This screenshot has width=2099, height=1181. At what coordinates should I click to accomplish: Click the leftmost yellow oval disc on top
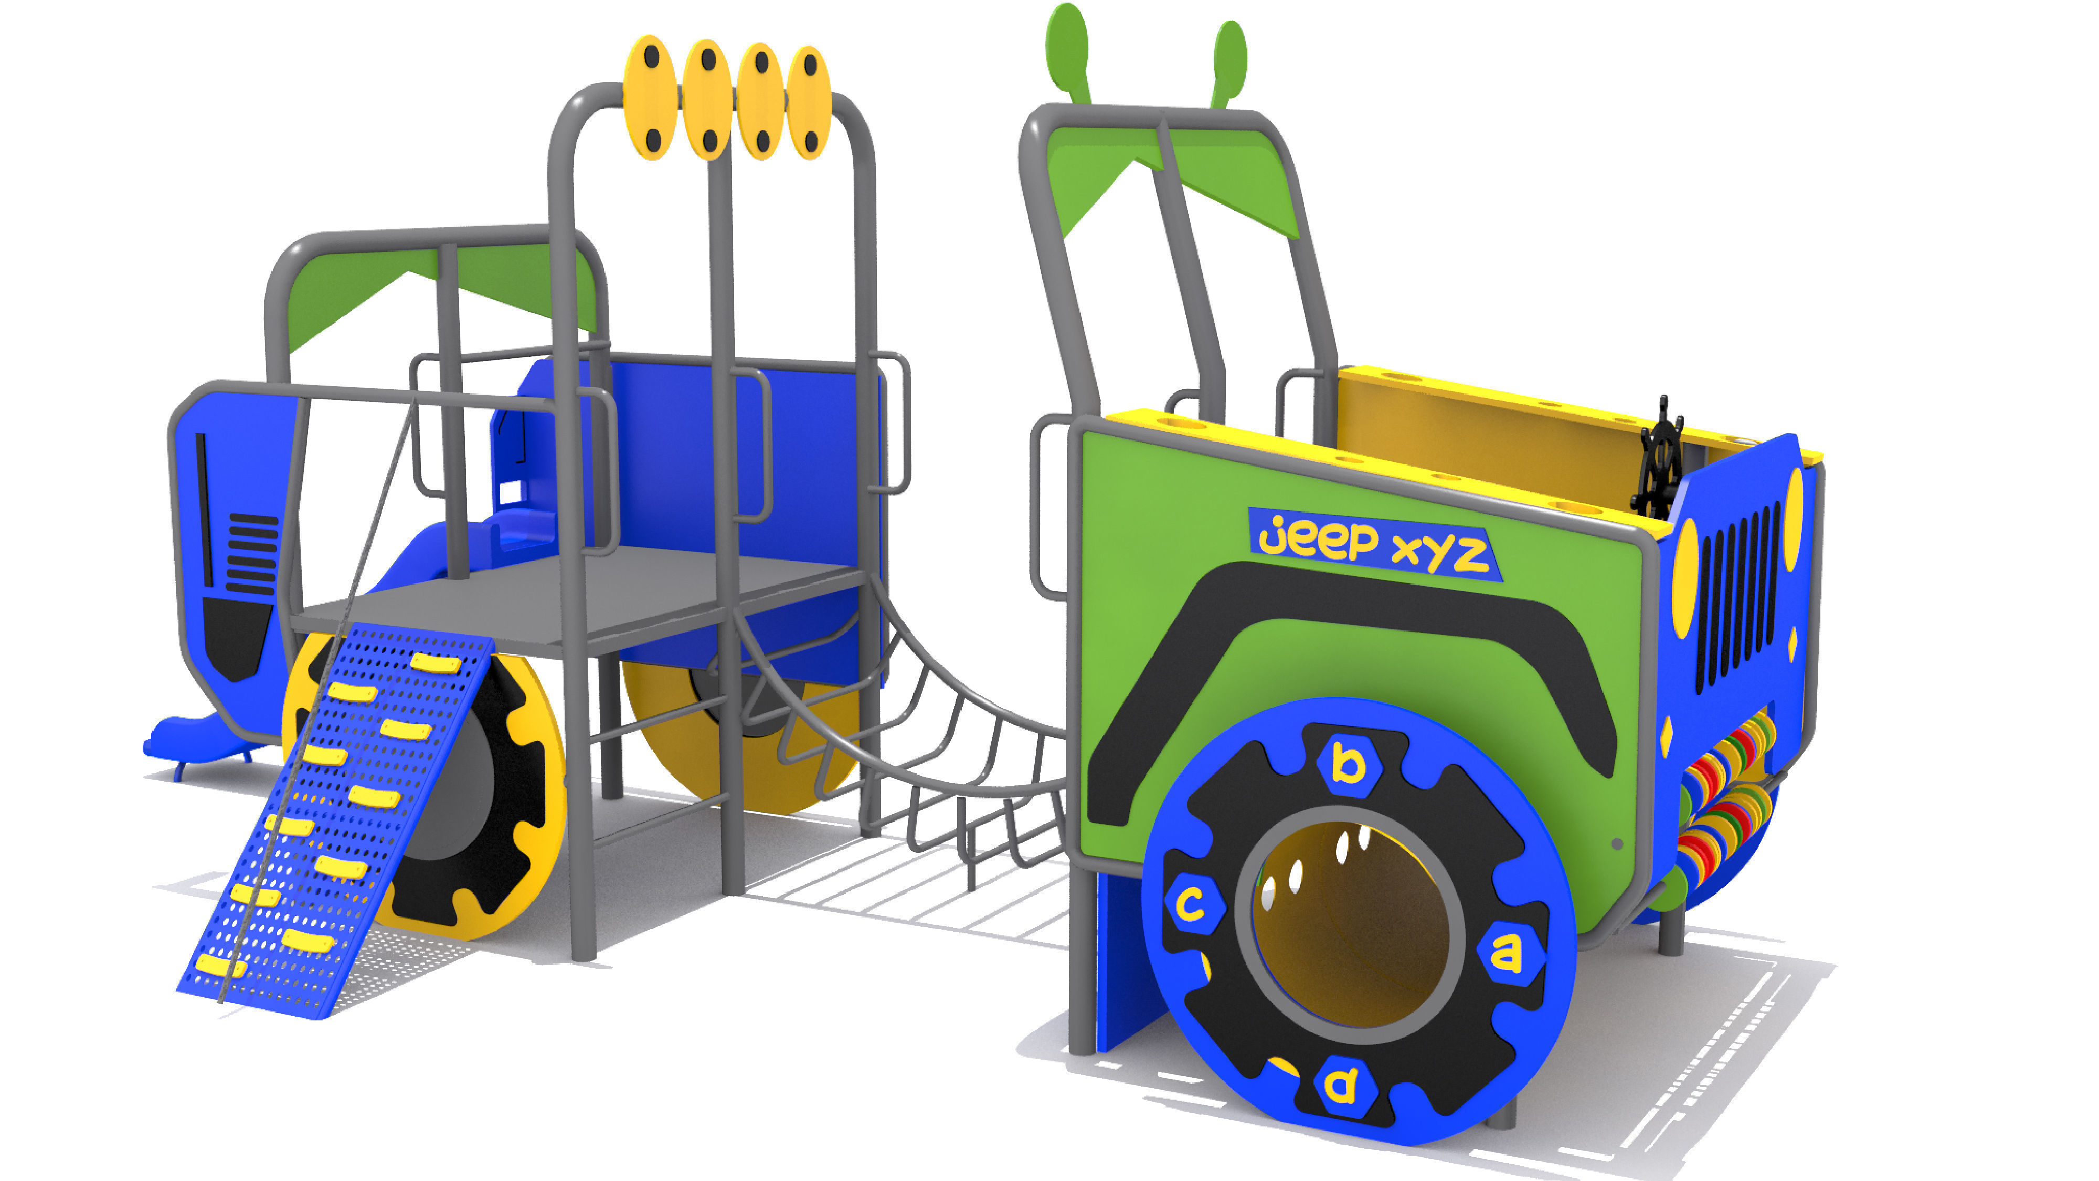pyautogui.click(x=650, y=98)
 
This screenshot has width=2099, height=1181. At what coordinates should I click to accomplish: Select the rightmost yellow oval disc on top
pyautogui.click(x=808, y=102)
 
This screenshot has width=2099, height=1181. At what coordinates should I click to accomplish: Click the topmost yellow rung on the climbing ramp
pyautogui.click(x=435, y=662)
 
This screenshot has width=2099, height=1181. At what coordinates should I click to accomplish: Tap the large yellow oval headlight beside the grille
pyautogui.click(x=1684, y=578)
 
